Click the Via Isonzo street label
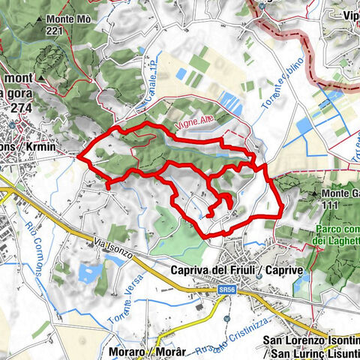(x=113, y=248)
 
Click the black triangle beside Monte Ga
(x=312, y=193)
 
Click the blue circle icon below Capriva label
(x=258, y=276)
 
